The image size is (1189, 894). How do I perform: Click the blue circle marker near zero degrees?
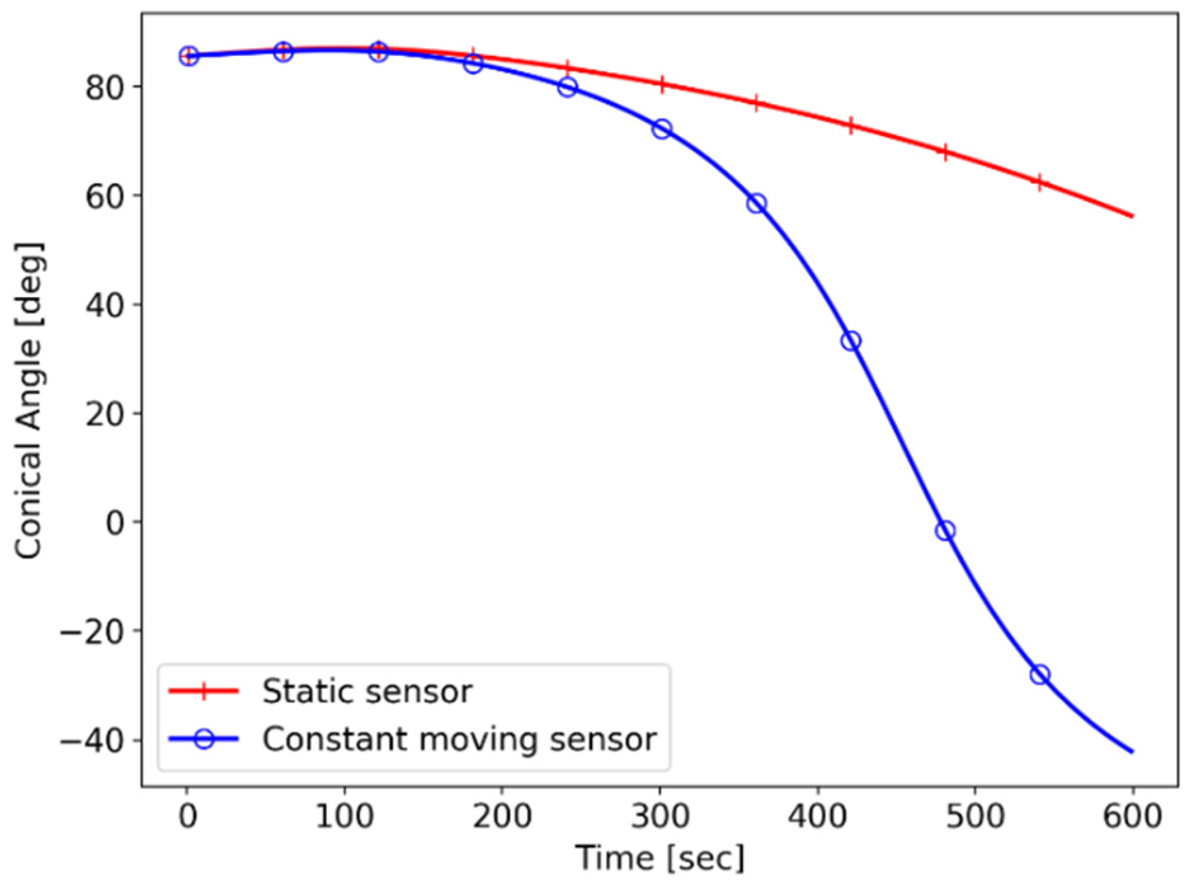[x=945, y=530]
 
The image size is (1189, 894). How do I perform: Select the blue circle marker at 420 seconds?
[x=851, y=341]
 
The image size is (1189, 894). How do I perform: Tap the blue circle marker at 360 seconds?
[x=756, y=204]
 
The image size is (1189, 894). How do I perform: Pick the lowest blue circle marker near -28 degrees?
[x=1040, y=674]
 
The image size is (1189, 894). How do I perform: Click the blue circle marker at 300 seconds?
[x=661, y=130]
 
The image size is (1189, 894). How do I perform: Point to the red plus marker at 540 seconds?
[x=1039, y=183]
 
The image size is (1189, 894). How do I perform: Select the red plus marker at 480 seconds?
[x=945, y=153]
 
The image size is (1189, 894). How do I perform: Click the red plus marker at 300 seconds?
[x=661, y=84]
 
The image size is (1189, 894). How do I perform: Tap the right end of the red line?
[x=1132, y=217]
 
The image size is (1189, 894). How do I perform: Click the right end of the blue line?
[x=1132, y=752]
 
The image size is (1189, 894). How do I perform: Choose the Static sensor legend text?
[x=368, y=691]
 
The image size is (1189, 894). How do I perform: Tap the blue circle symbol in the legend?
[x=204, y=739]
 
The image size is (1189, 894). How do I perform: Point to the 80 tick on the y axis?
[x=105, y=87]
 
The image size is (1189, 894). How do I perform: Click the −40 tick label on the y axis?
[x=93, y=740]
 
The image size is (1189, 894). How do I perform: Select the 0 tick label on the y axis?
[x=115, y=523]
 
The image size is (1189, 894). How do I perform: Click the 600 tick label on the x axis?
[x=1133, y=815]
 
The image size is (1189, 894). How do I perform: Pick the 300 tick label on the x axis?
[x=660, y=815]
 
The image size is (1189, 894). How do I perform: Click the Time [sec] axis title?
[x=660, y=858]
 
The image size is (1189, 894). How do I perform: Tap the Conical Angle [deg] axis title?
[x=29, y=400]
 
